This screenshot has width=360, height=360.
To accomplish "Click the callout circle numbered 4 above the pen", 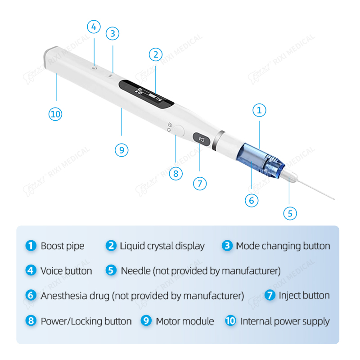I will coord(93,27).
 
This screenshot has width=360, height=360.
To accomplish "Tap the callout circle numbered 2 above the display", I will coord(155,54).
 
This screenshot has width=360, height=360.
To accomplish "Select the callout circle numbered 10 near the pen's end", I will coord(55,114).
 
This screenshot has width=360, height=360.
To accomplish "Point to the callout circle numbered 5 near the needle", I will coord(290,213).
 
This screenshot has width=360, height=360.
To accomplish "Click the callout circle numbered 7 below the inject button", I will coord(200,184).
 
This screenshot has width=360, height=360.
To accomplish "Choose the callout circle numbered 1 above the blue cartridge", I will coord(259,110).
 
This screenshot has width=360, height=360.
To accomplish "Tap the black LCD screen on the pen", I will coord(146,94).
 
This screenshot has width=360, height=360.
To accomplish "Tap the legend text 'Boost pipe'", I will coord(63,246).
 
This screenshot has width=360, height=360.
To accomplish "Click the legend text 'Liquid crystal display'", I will coord(162,246).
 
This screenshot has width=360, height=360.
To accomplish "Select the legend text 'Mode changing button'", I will coord(283,246).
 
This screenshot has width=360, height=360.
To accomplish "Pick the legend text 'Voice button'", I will coord(66,271).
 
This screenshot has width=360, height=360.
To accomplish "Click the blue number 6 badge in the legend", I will coord(31,296).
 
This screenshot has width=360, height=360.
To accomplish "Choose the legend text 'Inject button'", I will coord(304,296).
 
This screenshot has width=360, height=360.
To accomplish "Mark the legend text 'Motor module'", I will coord(184,321).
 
